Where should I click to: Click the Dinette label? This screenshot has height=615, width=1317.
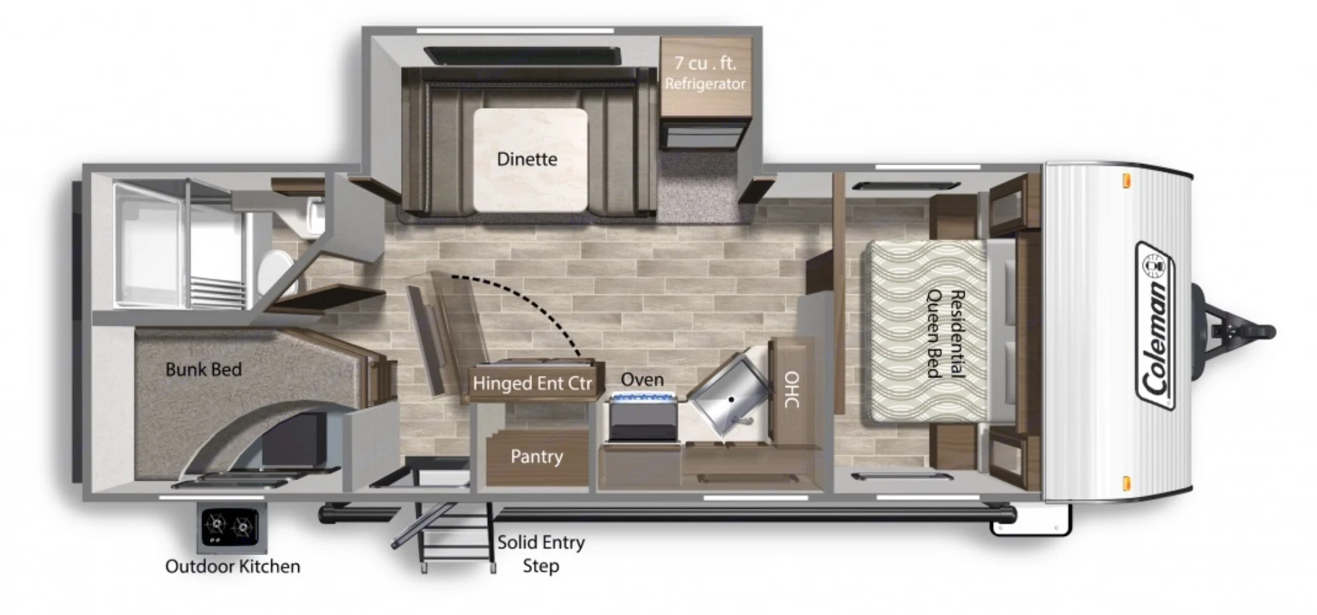click(x=527, y=159)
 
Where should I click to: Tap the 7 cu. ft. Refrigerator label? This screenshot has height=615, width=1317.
click(x=705, y=73)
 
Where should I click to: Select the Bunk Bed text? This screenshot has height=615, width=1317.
click(x=203, y=369)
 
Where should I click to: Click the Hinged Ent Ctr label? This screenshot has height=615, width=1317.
click(x=532, y=383)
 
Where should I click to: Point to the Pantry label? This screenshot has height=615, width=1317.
click(x=537, y=456)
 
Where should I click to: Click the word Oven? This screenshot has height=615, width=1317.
click(x=642, y=379)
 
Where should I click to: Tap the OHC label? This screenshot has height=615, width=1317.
click(x=792, y=388)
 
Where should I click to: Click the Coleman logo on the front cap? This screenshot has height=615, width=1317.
click(x=1156, y=326)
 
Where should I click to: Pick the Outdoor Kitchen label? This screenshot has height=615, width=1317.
click(x=232, y=566)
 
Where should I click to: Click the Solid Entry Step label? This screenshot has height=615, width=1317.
click(x=541, y=554)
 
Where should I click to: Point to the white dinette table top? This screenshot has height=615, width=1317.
click(x=530, y=159)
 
